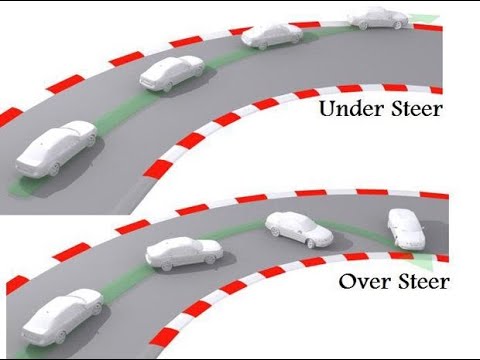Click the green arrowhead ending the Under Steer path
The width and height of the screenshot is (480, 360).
coord(427,17)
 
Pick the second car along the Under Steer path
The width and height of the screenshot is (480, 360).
coord(172,75)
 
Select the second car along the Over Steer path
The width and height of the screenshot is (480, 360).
coord(183,252)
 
